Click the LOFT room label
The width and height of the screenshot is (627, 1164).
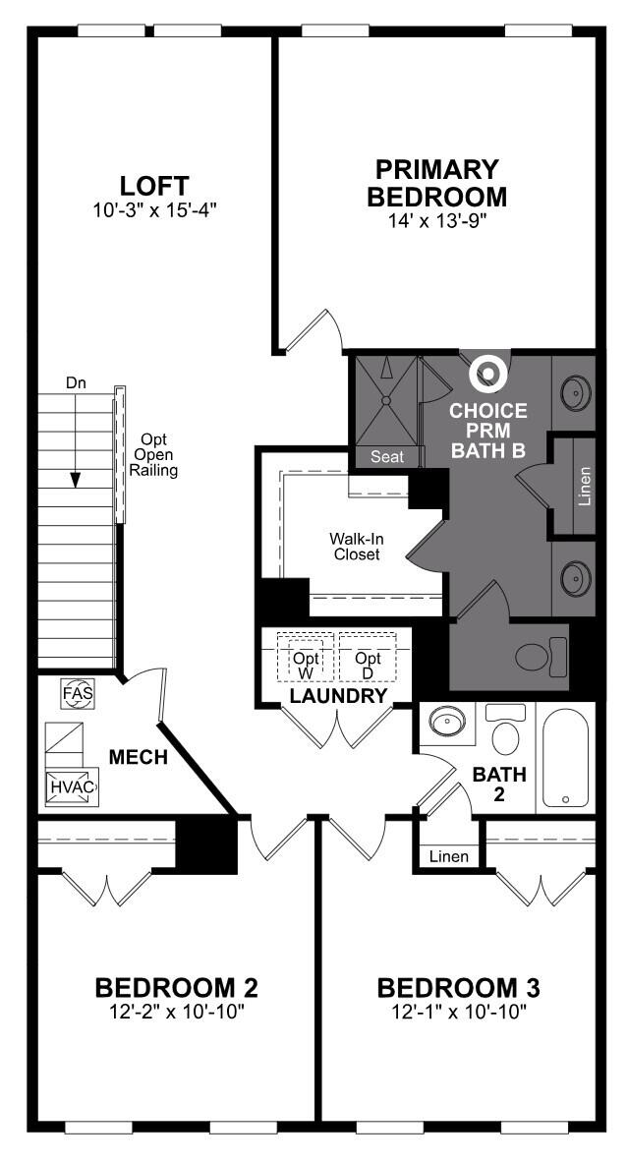pyautogui.click(x=153, y=186)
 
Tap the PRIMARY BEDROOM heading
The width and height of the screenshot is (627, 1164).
pyautogui.click(x=436, y=183)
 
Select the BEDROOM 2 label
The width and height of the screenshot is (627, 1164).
pyautogui.click(x=176, y=986)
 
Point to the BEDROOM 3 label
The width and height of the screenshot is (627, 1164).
pyautogui.click(x=459, y=986)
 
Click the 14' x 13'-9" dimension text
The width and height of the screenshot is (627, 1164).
pyautogui.click(x=436, y=221)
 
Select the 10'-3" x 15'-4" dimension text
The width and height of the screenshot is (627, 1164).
pyautogui.click(x=153, y=210)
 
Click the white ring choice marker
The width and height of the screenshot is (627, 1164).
pyautogui.click(x=486, y=373)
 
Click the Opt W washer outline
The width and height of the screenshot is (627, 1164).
pyautogui.click(x=306, y=656)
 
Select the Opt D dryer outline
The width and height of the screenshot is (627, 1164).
pyautogui.click(x=368, y=656)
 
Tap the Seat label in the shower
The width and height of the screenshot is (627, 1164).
pyautogui.click(x=386, y=457)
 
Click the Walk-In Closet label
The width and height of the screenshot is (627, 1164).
pyautogui.click(x=355, y=547)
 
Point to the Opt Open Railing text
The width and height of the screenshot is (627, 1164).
pyautogui.click(x=153, y=454)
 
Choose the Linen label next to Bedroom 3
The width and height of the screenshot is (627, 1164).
pyautogui.click(x=449, y=857)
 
